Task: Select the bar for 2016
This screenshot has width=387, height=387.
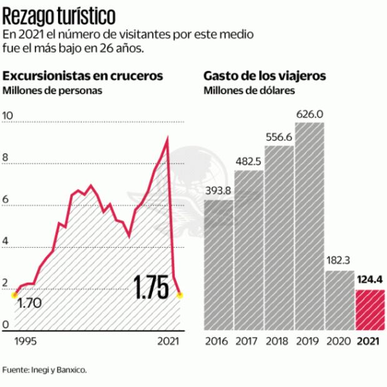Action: point(218,265)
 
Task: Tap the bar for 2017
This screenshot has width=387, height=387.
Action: point(249,250)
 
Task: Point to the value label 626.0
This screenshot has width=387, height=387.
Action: point(310,114)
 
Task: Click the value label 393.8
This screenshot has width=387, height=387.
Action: point(218,191)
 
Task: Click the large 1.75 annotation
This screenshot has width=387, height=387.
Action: point(151,288)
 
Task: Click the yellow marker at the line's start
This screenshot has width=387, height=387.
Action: point(14,295)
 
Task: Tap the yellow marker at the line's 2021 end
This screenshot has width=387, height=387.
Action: point(180,295)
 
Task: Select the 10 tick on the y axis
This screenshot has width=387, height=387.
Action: point(8,115)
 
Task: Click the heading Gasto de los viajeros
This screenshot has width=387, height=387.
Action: point(265,76)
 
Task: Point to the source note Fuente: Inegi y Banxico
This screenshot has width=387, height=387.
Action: point(45,370)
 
